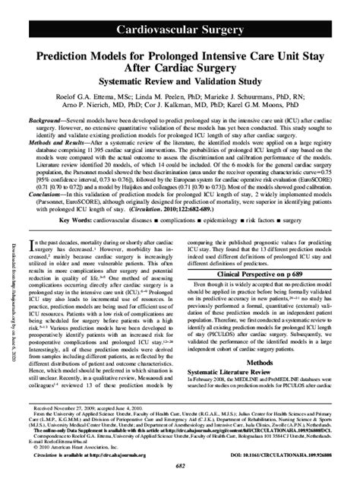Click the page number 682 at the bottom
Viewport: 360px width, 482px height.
[179, 474]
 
